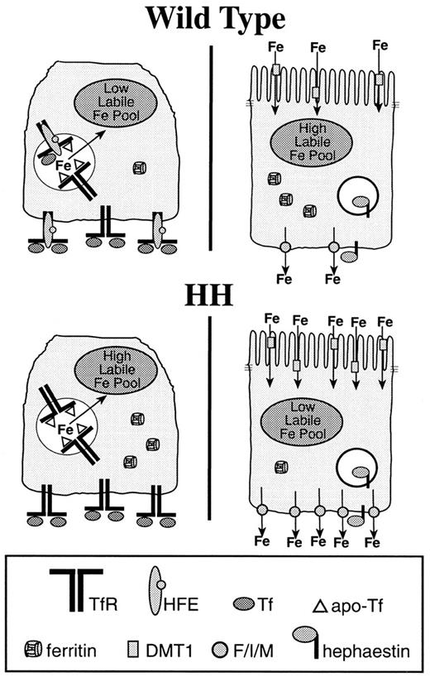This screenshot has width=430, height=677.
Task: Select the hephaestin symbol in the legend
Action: click(324, 642)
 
